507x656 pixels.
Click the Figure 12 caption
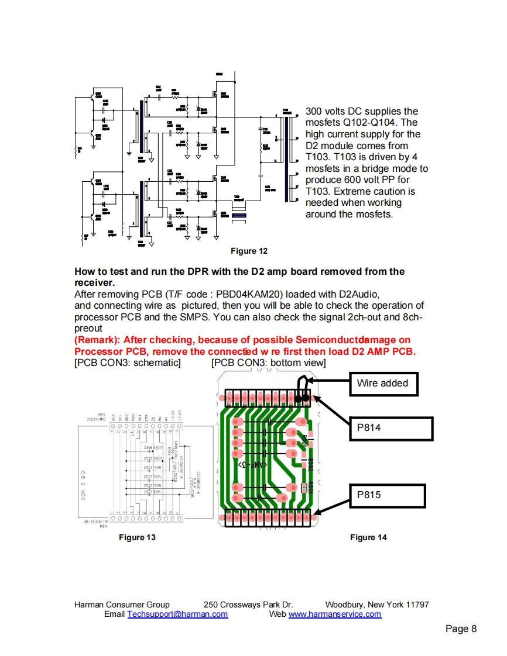tap(249, 251)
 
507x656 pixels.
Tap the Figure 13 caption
tap(137, 537)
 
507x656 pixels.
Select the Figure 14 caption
tap(368, 537)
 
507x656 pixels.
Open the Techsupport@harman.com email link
tap(177, 614)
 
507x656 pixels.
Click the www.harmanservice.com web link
tap(335, 614)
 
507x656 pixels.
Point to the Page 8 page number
tap(461, 629)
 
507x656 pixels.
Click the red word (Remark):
tap(97, 340)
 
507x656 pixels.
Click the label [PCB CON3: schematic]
tap(128, 362)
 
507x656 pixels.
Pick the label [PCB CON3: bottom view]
tap(268, 362)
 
